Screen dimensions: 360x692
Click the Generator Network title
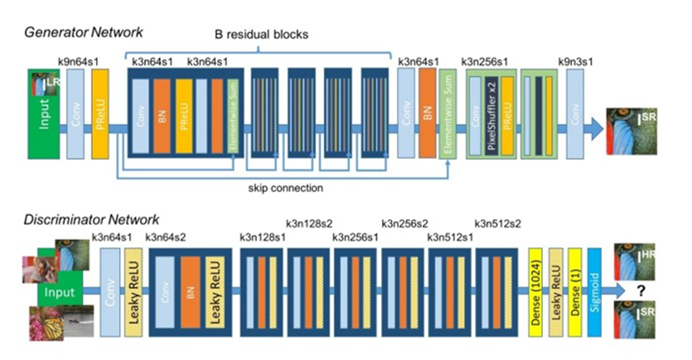point(83,32)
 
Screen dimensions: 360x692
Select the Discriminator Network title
point(91,220)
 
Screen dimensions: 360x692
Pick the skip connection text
point(285,188)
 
